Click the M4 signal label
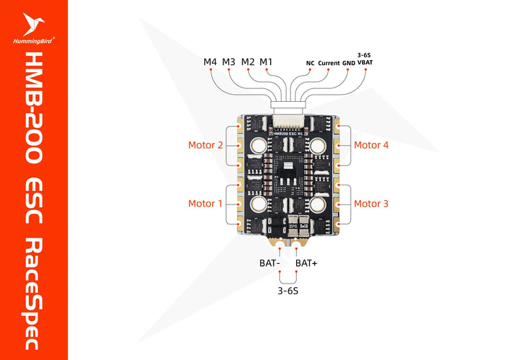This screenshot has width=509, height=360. pos(210,62)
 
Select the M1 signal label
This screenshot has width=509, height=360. pos(266,62)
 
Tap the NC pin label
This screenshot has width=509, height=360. pos(310,63)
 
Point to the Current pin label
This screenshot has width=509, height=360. pos(329,63)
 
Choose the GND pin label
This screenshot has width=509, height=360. pos(349,63)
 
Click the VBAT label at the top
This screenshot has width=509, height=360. pos(365,63)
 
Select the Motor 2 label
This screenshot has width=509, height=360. pos(205,146)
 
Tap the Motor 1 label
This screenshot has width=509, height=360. pos(205,204)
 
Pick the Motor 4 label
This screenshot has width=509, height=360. pos(371,146)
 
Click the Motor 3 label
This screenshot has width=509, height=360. pos(371,204)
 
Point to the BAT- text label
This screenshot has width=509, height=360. pos(271,263)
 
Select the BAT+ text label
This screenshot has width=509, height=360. pos(306,263)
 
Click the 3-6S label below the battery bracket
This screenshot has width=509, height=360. pos(288,291)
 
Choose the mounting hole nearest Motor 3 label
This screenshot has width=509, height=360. pos(317,204)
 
